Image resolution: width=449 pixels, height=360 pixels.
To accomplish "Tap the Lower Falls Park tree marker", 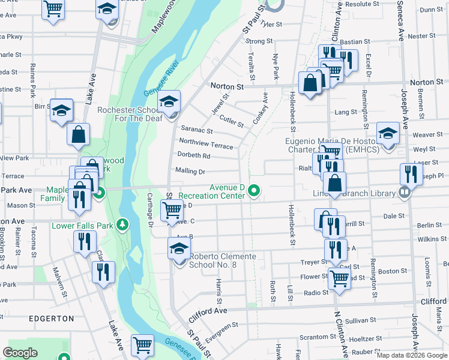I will (123, 225).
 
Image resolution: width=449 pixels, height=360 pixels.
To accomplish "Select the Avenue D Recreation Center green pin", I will (254, 191).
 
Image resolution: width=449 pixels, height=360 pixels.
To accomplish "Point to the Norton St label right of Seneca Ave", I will (426, 82).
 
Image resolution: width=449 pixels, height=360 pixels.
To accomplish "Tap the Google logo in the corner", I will (20, 353).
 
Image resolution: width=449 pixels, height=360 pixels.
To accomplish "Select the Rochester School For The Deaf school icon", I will (170, 102).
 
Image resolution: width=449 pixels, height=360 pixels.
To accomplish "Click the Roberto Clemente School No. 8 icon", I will (179, 250).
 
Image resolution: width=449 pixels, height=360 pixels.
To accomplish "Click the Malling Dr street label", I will (190, 171).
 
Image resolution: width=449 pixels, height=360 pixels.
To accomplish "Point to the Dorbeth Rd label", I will (193, 156).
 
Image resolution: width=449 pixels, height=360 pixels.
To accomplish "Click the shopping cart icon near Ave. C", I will (172, 210).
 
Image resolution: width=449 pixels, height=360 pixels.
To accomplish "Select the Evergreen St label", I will (221, 328).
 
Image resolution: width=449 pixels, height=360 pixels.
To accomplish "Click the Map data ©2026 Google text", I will (411, 355).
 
